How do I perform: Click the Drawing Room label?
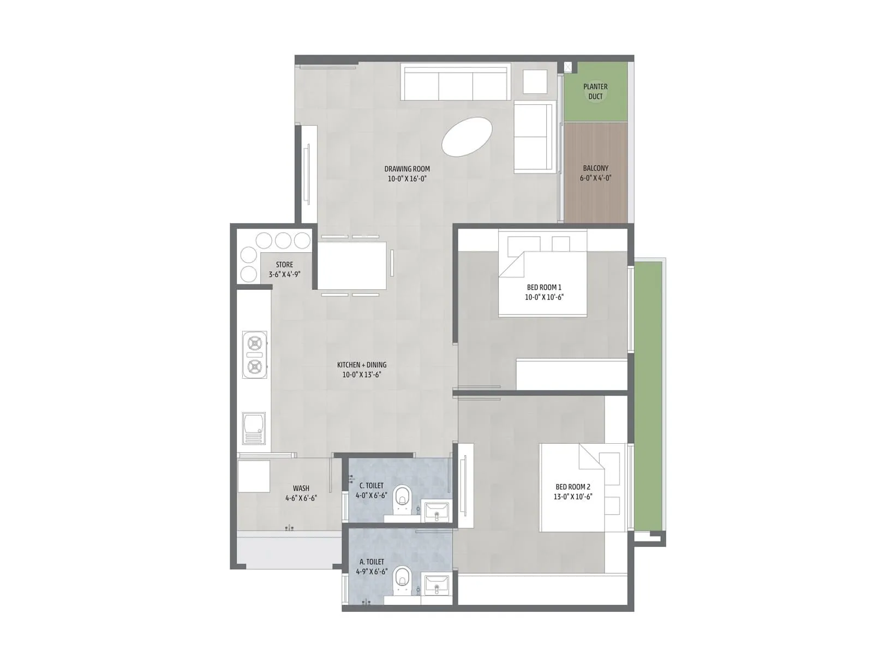[x=407, y=169]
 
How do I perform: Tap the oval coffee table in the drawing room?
[x=467, y=136]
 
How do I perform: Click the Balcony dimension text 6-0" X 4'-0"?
[x=595, y=178]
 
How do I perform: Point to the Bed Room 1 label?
[x=544, y=287]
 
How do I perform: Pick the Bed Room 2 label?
[x=573, y=487]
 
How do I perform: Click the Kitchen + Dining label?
[x=362, y=365]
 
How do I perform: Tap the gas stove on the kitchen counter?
[x=255, y=355]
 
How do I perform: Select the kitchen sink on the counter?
[x=254, y=428]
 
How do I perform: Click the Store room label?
[x=284, y=265]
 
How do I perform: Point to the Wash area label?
[x=301, y=489]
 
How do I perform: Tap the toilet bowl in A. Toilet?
[x=403, y=577]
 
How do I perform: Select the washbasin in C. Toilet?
[x=436, y=512]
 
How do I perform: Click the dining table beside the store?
[x=352, y=266]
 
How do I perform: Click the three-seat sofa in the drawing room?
[x=456, y=84]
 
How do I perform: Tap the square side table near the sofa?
[x=535, y=82]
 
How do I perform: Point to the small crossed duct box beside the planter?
[x=568, y=67]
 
